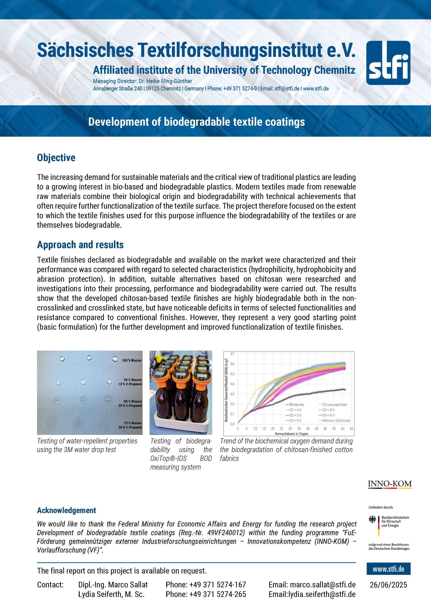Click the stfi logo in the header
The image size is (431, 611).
click(388, 63)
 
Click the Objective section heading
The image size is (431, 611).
click(56, 157)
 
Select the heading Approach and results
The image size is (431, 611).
click(80, 245)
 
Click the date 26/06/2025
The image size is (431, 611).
click(388, 585)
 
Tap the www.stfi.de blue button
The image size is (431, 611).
click(388, 569)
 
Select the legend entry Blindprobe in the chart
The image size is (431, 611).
click(296, 404)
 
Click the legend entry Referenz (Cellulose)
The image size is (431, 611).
click(336, 420)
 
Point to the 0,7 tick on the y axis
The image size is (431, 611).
click(232, 354)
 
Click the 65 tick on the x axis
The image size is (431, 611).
click(351, 429)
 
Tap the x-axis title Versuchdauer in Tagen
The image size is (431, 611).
click(291, 433)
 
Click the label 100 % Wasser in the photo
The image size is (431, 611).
click(132, 360)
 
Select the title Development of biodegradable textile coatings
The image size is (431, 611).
click(196, 122)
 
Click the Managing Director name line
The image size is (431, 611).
click(142, 81)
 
